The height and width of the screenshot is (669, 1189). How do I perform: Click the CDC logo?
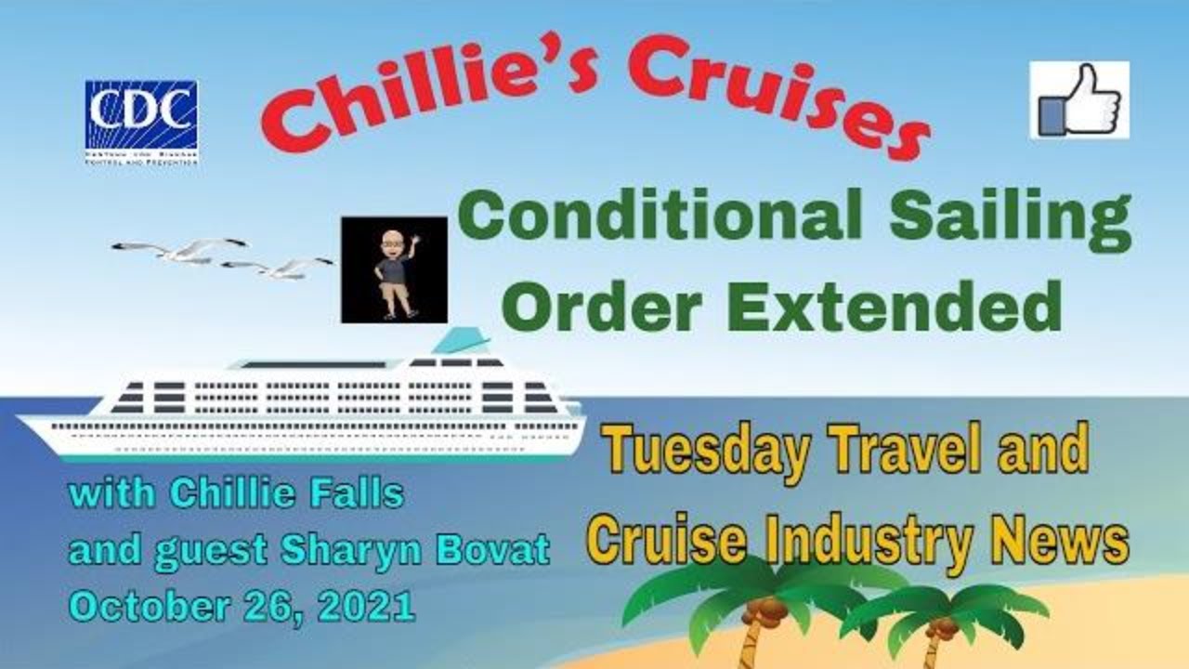coord(141,121)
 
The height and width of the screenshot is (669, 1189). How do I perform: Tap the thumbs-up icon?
coord(1079,99)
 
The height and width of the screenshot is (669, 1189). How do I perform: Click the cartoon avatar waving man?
coord(395,269)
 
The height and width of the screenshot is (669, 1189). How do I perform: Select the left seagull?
coord(180,249)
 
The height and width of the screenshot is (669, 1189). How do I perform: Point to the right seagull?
coord(279,268)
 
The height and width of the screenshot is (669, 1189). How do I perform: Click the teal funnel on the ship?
coord(462,340)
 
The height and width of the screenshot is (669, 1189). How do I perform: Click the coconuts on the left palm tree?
coord(766,609)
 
